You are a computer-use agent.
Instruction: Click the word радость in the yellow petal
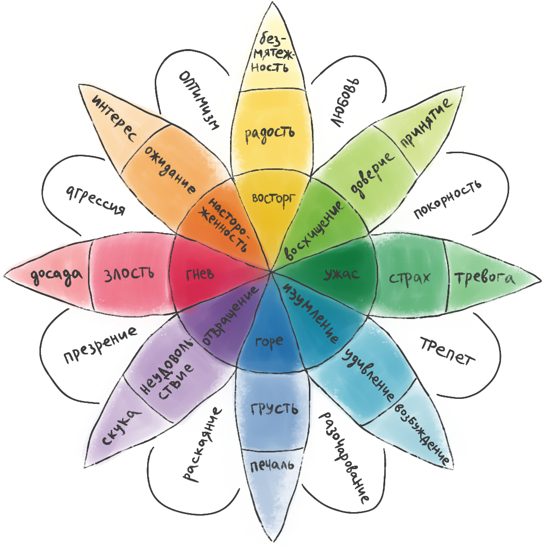269,133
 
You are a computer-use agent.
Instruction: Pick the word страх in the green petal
410,278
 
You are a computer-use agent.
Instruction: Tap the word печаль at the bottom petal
271,465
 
